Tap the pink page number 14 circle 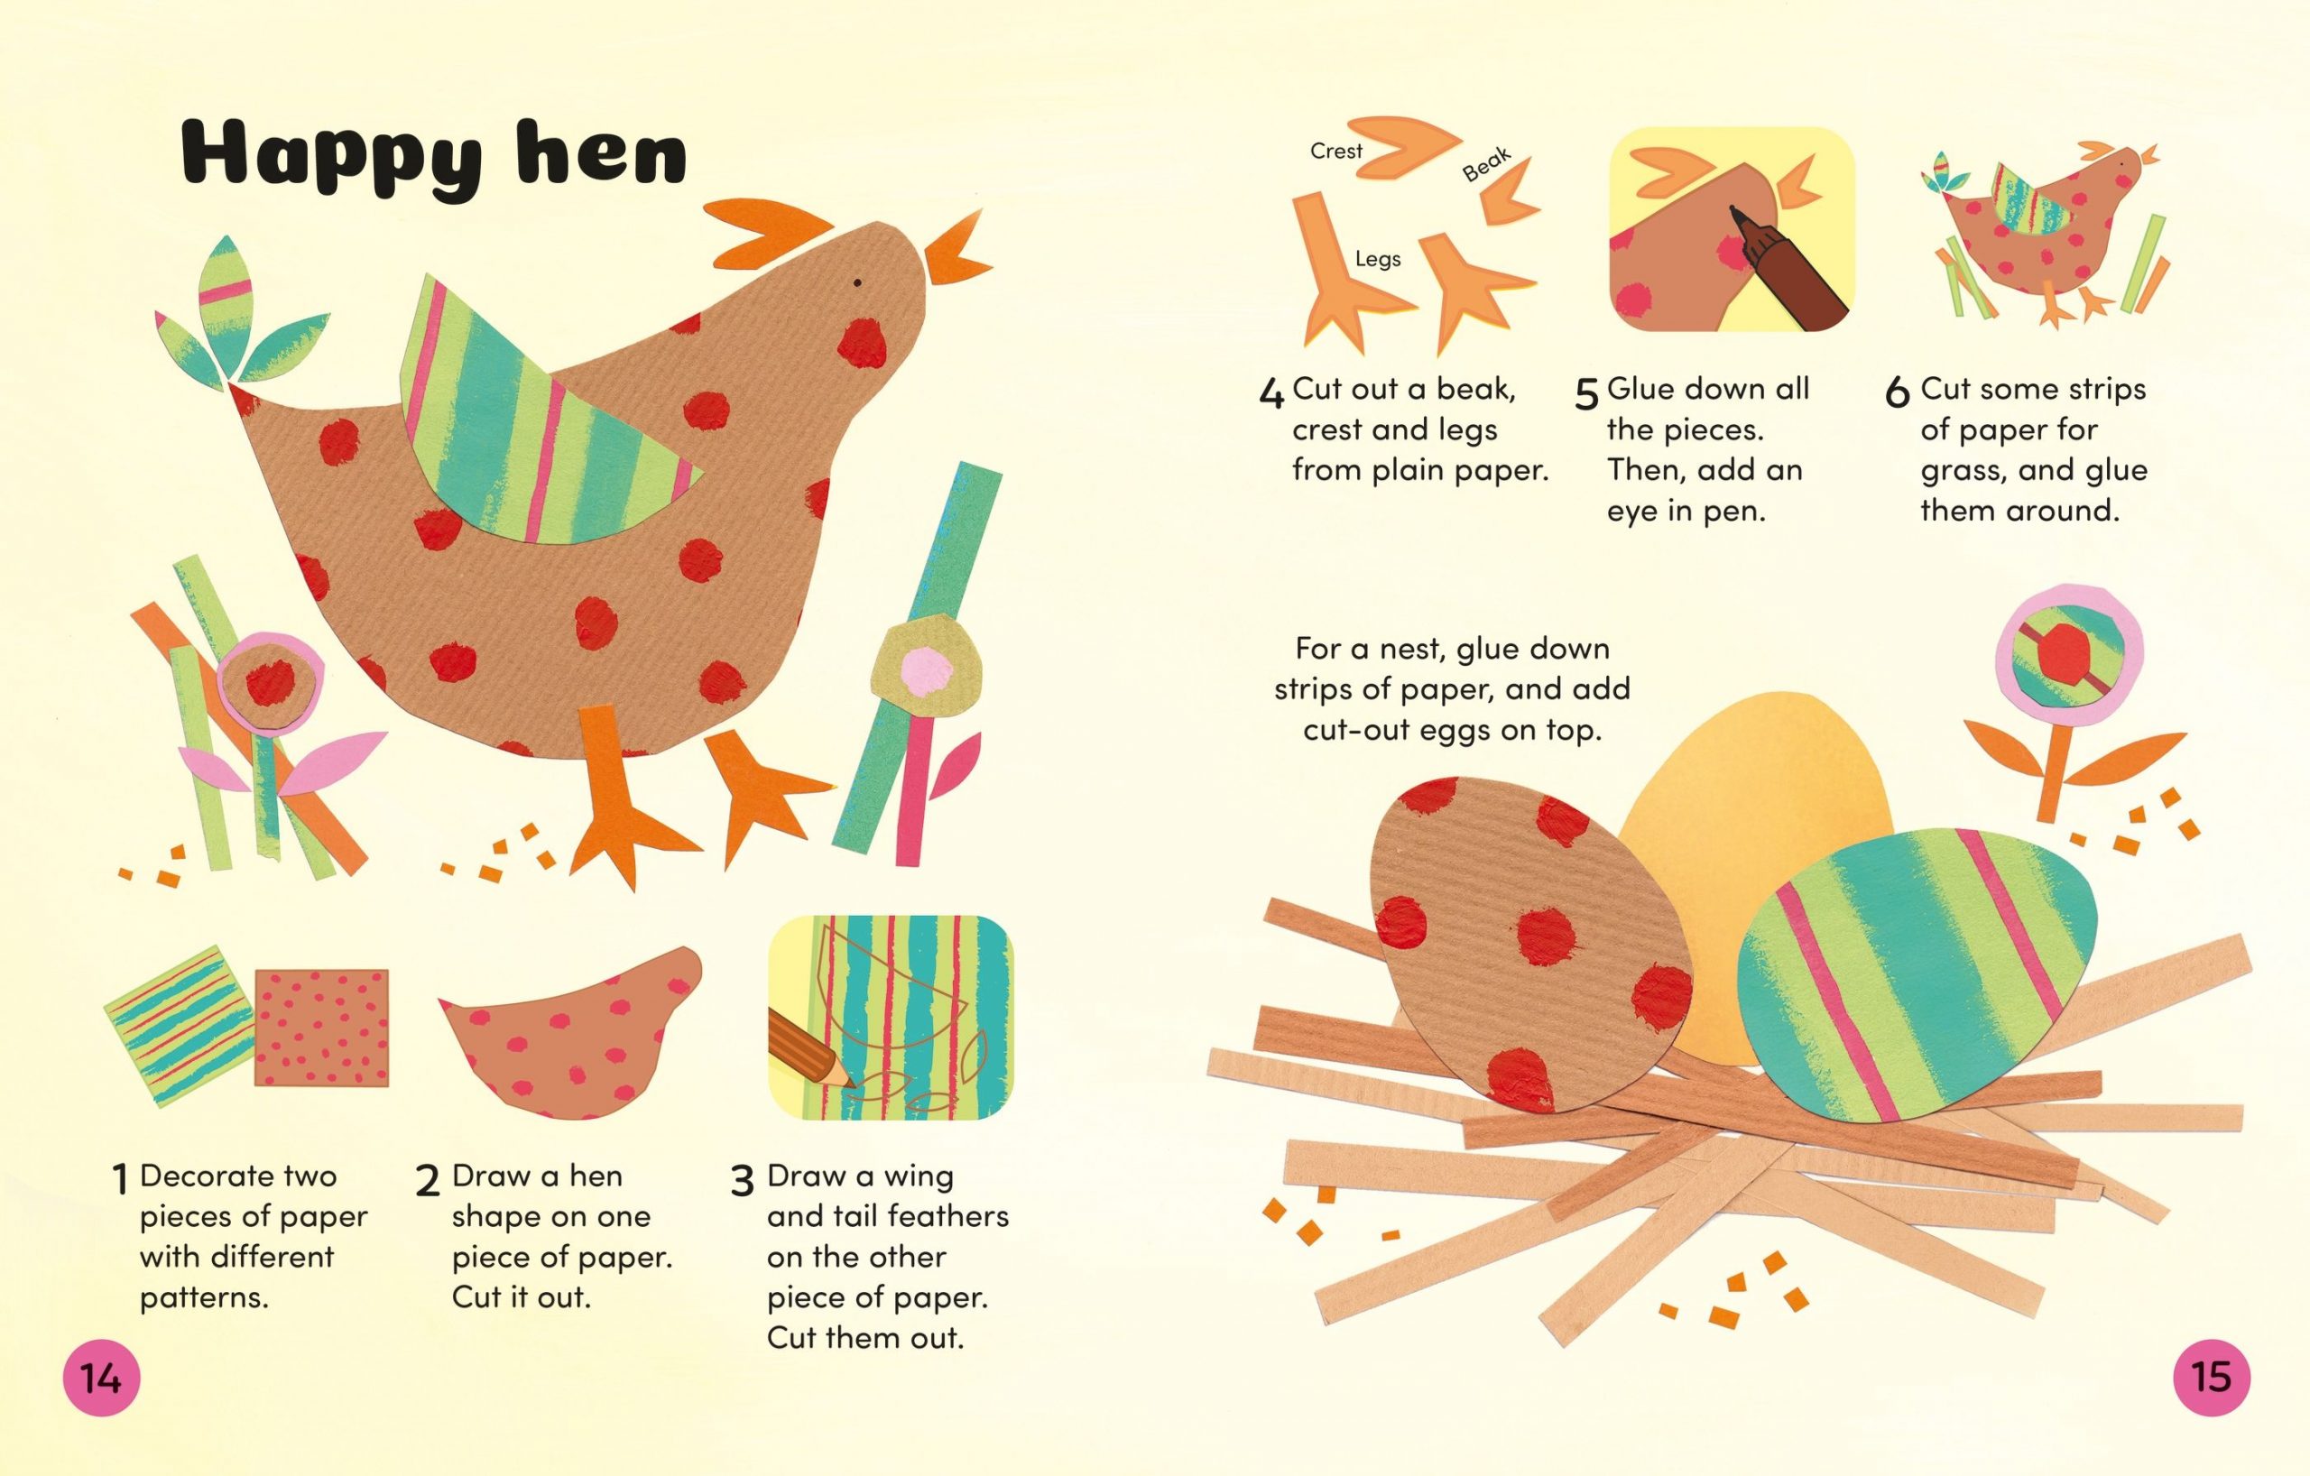coord(102,1379)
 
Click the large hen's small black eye coord(856,283)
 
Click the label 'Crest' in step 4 coord(1335,152)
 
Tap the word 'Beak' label coord(1487,164)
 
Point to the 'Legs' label coord(1378,259)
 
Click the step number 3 coord(742,1182)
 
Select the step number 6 coord(1897,394)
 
